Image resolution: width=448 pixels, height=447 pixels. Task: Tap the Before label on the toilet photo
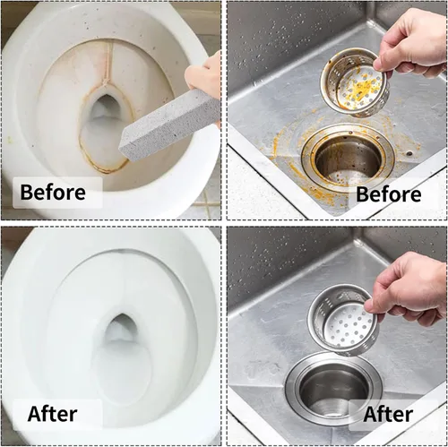[53, 192]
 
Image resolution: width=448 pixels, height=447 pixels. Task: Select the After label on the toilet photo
[52, 414]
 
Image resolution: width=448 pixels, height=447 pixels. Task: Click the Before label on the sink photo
[389, 194]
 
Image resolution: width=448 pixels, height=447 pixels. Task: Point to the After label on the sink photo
[388, 414]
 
